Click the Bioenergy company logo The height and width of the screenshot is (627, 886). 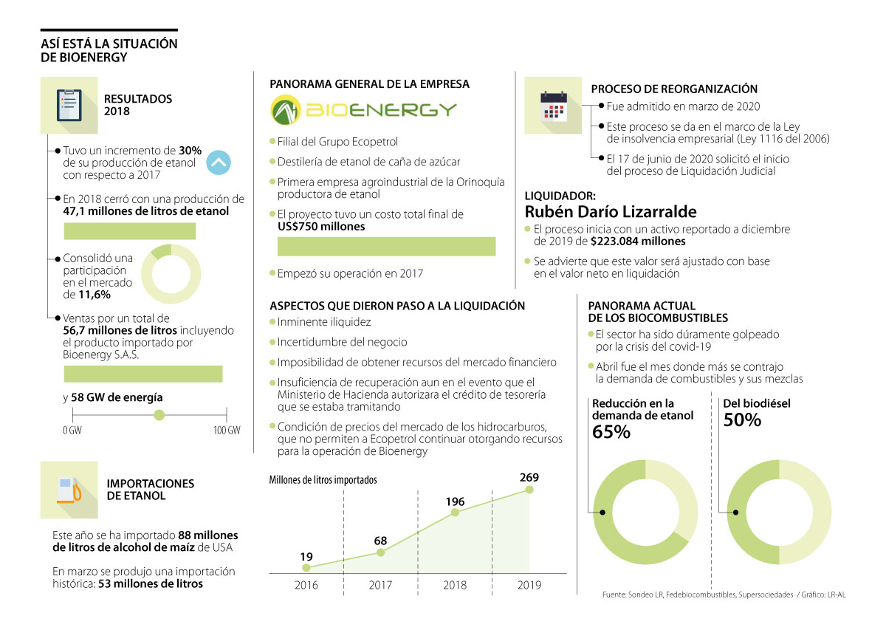click(363, 111)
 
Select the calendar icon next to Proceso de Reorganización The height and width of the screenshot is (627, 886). click(553, 105)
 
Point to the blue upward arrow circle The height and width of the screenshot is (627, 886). click(219, 162)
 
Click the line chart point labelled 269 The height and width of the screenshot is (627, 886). click(529, 490)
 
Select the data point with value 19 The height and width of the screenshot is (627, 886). click(306, 567)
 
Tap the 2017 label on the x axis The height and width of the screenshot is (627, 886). click(380, 585)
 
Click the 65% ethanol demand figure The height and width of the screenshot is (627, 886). click(611, 432)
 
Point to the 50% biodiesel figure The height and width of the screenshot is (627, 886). click(742, 420)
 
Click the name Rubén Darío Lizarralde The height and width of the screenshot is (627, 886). click(611, 212)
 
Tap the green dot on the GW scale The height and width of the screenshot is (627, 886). click(158, 415)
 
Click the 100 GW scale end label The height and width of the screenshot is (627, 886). click(227, 431)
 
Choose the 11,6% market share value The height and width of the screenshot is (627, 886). click(95, 294)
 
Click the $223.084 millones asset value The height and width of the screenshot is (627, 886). click(638, 241)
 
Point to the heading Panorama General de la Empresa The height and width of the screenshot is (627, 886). click(369, 84)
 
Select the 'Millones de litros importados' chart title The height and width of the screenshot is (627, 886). click(323, 479)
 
